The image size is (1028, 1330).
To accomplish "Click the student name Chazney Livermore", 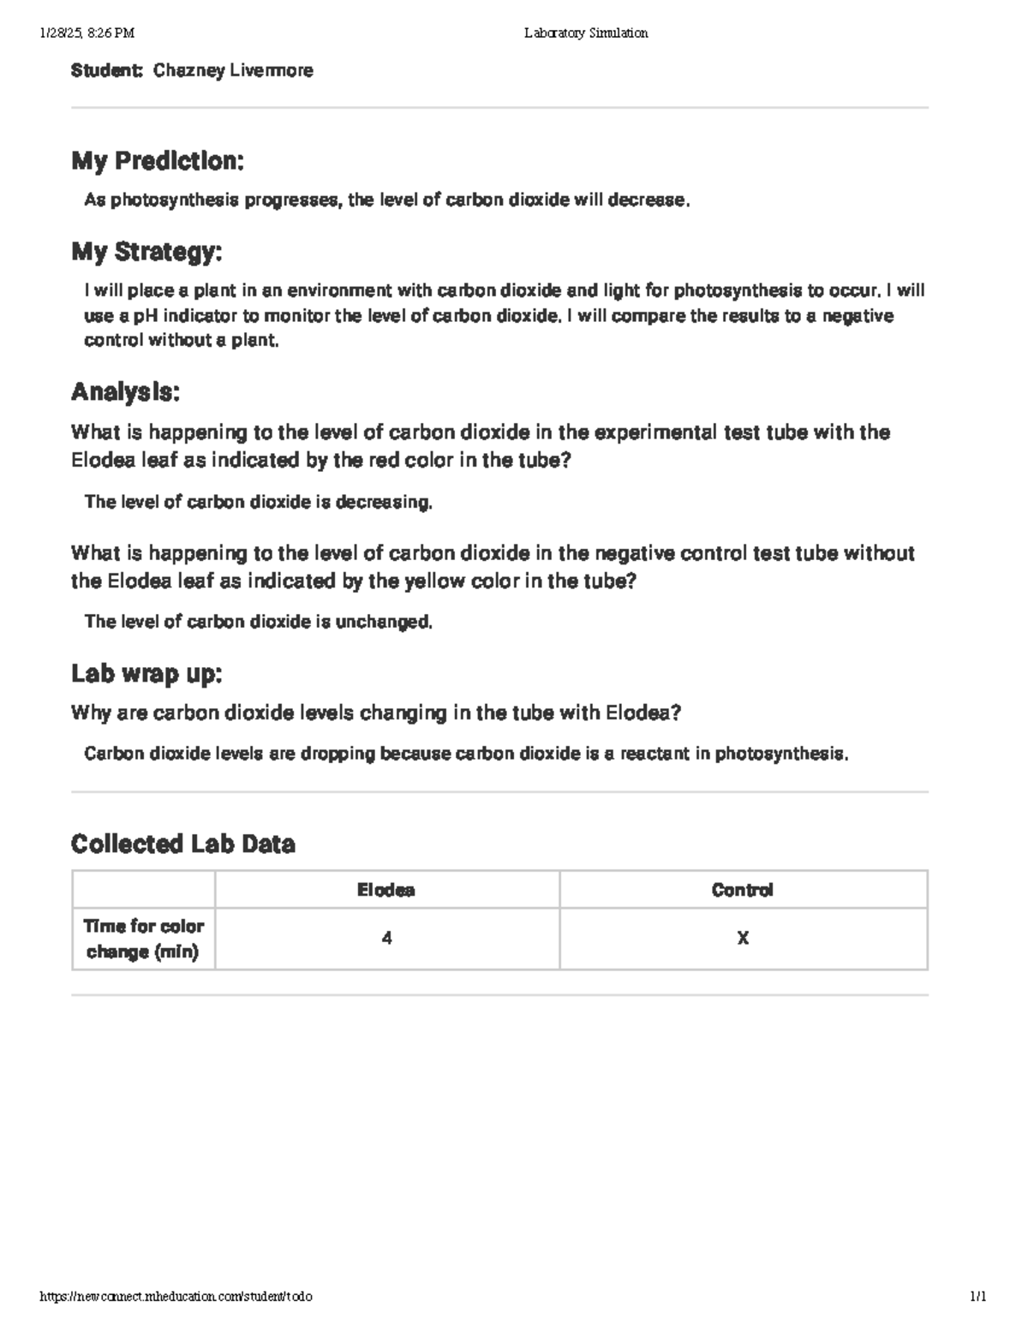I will [233, 71].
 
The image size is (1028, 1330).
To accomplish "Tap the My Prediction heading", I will [158, 161].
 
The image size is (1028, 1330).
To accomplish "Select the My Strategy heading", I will [146, 252].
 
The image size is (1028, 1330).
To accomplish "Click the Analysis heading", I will [125, 392].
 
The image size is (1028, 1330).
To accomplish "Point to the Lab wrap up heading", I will [146, 674].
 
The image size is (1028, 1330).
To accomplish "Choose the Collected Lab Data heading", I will [182, 844].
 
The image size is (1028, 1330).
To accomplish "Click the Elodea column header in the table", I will [386, 891].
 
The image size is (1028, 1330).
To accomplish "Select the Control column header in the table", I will [743, 891].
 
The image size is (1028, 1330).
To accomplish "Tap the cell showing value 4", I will [387, 939].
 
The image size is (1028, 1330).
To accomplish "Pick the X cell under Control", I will [743, 939].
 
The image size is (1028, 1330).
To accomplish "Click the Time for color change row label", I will [143, 939].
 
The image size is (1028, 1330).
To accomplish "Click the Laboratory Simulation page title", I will [586, 33].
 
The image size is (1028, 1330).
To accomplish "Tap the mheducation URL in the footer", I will [176, 1297].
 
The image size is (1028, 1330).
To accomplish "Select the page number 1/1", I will [977, 1297].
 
